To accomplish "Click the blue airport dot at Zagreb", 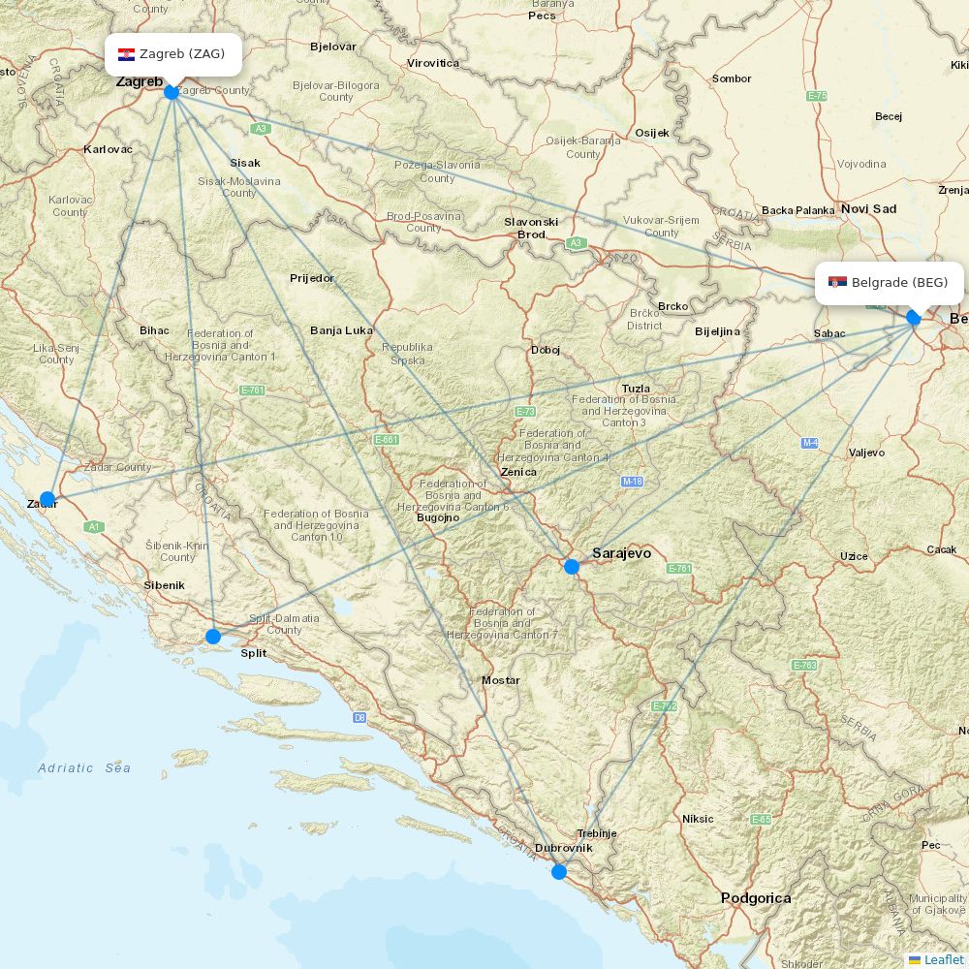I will [172, 92].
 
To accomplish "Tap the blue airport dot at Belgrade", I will [913, 318].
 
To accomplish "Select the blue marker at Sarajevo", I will [572, 567].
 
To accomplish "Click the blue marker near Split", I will [213, 637].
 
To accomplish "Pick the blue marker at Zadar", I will [47, 499].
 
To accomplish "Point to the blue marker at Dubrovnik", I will [559, 872].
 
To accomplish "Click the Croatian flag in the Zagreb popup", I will [126, 54].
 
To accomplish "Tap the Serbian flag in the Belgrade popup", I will [837, 283].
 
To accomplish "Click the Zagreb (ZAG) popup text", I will [182, 54].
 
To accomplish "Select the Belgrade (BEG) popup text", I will [899, 283].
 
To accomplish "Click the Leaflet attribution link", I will [943, 959].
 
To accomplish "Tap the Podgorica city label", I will [756, 898].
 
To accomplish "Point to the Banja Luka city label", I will [341, 330].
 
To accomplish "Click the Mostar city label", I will [501, 680].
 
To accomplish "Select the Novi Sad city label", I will [868, 208].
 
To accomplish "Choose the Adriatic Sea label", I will [84, 768].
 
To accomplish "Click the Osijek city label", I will [652, 133].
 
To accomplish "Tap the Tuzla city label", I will [636, 389].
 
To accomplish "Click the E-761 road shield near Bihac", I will [252, 390].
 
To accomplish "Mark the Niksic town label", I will [698, 819].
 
